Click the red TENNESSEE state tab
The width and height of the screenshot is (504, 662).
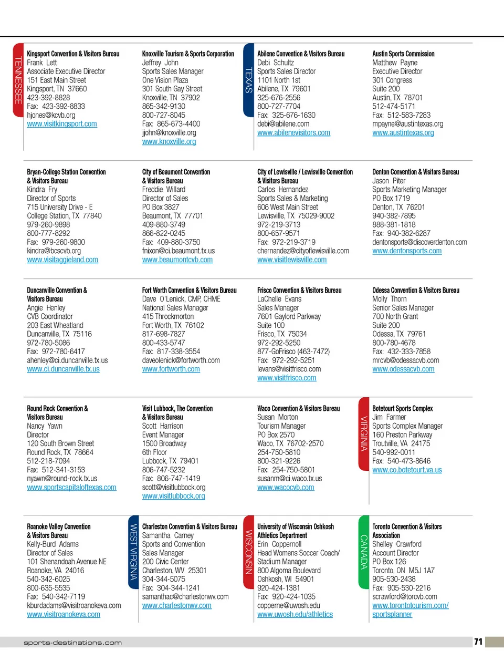18,80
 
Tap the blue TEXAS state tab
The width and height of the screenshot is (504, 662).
249,80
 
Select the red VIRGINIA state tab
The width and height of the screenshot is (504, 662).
364,433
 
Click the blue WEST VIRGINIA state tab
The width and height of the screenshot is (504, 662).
133,552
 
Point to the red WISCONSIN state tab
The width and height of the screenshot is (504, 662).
249,552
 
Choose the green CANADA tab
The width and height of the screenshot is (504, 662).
364,552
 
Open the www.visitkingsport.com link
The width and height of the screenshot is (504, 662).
62,124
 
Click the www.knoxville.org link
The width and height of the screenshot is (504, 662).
169,142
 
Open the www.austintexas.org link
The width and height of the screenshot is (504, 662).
403,133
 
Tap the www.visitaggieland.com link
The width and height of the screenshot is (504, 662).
62,260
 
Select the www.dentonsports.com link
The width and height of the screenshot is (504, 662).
407,251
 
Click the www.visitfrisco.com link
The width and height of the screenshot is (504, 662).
287,378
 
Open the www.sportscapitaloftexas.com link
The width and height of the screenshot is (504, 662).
71,488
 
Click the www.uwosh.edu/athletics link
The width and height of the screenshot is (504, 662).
295,615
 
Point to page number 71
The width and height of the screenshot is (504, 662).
478,642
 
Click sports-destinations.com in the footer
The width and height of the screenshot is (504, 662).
72,643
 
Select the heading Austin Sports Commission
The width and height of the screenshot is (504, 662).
403,54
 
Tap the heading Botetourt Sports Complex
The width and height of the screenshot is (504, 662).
403,408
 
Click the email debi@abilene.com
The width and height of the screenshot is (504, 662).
283,124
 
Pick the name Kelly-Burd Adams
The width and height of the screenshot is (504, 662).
53,544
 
